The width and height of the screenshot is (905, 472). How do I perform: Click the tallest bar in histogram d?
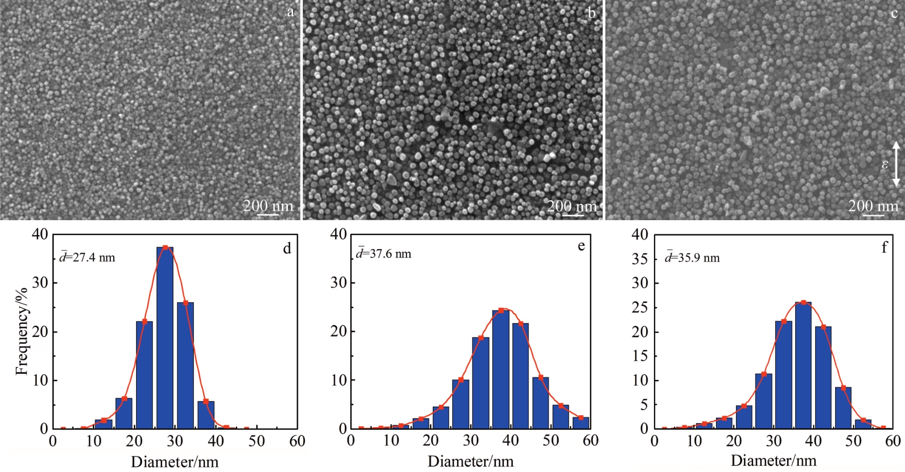tap(165, 337)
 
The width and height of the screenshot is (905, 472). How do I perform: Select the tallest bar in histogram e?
tap(501, 369)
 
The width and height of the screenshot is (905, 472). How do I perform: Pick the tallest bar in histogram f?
tap(803, 365)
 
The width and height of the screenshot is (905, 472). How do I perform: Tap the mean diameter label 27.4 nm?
tap(88, 257)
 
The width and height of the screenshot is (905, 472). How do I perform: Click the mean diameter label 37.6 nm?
tap(384, 254)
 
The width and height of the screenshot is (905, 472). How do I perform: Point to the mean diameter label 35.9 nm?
tap(692, 257)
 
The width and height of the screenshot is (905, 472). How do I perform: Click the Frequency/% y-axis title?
tap(21, 331)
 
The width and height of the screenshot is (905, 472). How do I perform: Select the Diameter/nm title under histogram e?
tap(470, 461)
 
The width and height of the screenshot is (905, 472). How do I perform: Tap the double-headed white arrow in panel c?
tap(896, 164)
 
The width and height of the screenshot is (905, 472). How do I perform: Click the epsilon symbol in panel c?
tap(885, 164)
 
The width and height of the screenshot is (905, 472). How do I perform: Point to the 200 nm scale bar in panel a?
tap(268, 214)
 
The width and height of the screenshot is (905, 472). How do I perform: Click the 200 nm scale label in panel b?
tap(572, 205)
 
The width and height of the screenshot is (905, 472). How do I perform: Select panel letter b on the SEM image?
tap(592, 13)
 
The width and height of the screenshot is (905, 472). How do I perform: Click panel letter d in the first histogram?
tap(287, 249)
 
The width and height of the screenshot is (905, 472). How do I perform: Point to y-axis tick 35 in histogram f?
tap(640, 259)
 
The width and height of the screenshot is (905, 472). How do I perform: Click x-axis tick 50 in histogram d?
tap(256, 441)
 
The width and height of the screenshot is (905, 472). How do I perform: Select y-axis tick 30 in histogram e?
tap(339, 283)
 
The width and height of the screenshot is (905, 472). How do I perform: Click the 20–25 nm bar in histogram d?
tap(144, 375)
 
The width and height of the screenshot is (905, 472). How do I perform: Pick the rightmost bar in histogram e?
tap(581, 423)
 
